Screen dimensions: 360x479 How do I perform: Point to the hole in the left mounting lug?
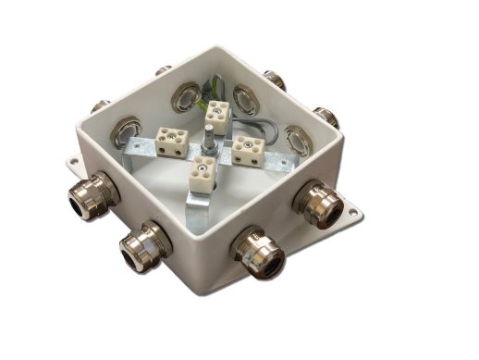click(72, 163)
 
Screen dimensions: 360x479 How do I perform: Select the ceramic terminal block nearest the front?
click(200, 173)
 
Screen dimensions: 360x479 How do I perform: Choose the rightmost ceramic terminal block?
click(249, 147)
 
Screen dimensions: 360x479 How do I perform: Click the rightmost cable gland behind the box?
click(325, 117)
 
